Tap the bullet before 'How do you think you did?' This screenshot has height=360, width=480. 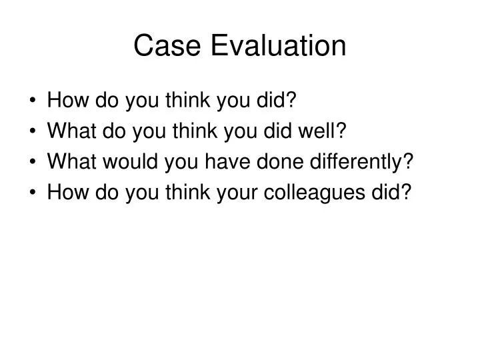(x=34, y=102)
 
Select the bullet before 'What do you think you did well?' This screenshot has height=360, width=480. (x=34, y=132)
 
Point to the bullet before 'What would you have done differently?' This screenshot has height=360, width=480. (x=34, y=163)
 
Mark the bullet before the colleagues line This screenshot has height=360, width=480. (x=34, y=193)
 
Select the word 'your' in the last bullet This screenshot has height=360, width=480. (x=241, y=193)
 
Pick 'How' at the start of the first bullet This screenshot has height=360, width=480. (x=65, y=101)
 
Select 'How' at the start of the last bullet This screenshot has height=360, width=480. (x=65, y=193)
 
